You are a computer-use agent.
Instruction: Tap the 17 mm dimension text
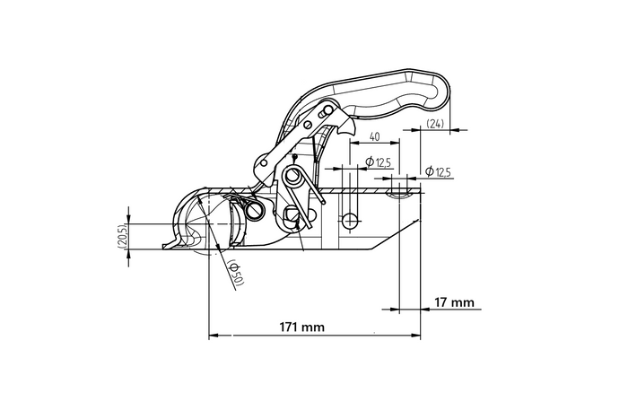(x=453, y=301)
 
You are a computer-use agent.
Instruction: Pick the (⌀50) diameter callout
(x=236, y=273)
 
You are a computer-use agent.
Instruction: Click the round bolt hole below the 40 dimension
(x=350, y=221)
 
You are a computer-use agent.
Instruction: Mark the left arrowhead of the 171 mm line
(x=213, y=336)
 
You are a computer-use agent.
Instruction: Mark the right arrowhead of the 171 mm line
(x=417, y=336)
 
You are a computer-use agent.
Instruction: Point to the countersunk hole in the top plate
(x=400, y=190)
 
